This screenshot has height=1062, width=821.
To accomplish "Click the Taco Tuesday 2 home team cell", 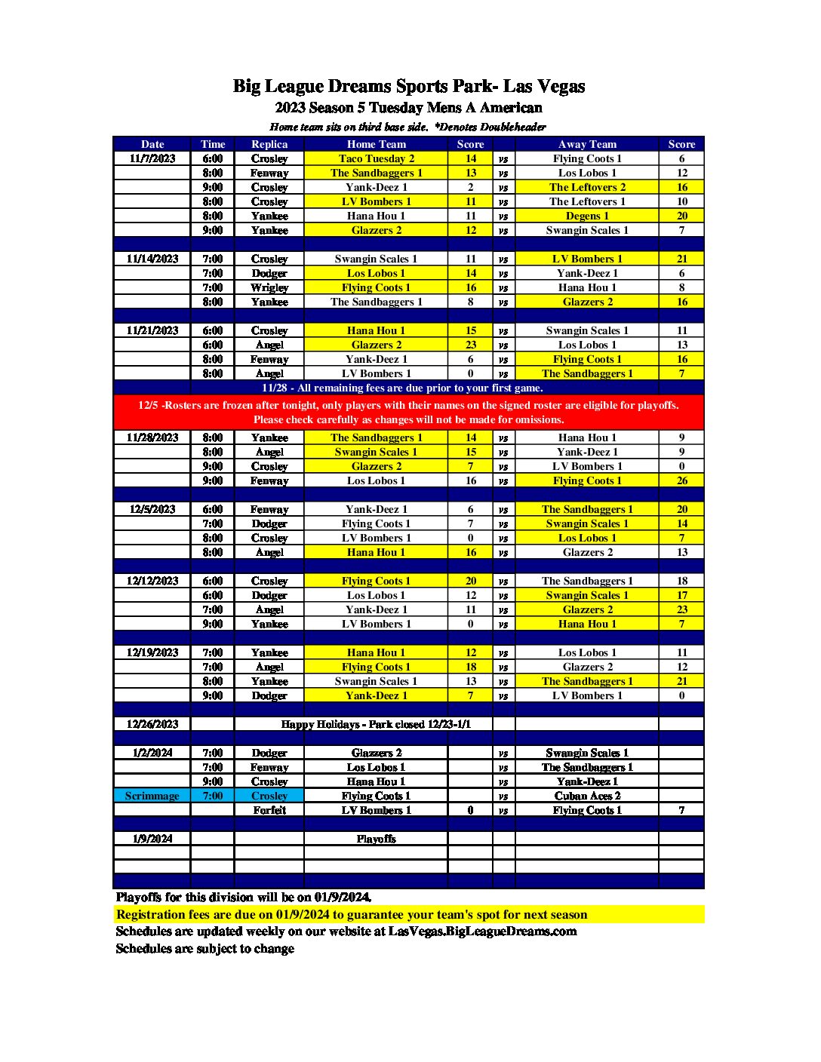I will coord(376,158).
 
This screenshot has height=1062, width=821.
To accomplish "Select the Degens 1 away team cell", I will coord(587,216).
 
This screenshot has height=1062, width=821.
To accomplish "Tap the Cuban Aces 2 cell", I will coord(587,796).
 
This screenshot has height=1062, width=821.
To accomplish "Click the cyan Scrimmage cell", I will coord(152,796).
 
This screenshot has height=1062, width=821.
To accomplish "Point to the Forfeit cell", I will coord(269,810).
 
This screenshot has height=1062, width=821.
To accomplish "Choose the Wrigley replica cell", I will coord(269,287).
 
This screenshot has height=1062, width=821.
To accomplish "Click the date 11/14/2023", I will coord(152,259).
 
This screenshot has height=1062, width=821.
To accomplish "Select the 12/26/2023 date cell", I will coord(152,724).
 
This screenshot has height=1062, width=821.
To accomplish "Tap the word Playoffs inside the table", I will coord(376,839).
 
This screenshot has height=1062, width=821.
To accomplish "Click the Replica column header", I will coord(269,144).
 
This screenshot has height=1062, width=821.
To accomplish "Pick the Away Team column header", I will coord(587,144).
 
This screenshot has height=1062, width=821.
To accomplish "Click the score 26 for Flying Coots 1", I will coord(681,480).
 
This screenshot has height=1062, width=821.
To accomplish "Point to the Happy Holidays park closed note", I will coord(376,724).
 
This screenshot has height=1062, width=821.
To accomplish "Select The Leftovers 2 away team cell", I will coord(587,187).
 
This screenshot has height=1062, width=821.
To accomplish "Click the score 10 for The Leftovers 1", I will coord(681,201).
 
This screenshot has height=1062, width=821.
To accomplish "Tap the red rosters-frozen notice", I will coord(408,412).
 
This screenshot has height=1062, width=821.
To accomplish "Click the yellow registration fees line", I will coord(352,915).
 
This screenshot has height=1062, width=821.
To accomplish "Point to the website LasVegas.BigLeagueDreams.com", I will coord(482,932).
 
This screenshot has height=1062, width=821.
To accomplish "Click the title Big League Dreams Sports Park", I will coord(408,86).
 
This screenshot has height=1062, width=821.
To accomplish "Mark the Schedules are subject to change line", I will coord(205,949).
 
